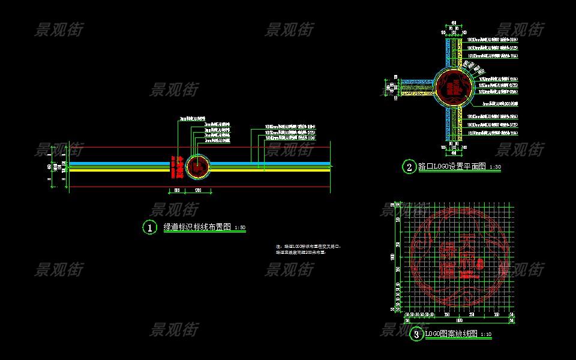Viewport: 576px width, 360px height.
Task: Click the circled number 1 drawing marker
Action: coord(149,227)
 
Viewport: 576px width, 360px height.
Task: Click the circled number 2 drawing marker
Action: coord(409,167)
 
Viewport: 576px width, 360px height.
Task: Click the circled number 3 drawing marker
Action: coord(416,334)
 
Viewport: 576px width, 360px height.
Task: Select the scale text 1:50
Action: coord(239,229)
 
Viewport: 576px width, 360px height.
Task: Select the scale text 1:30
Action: coord(495,167)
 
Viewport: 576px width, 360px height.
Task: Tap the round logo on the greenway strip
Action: coord(198,167)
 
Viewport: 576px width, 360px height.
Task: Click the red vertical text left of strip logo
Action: coord(179,167)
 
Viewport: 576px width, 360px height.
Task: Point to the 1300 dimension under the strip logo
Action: coord(198,191)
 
